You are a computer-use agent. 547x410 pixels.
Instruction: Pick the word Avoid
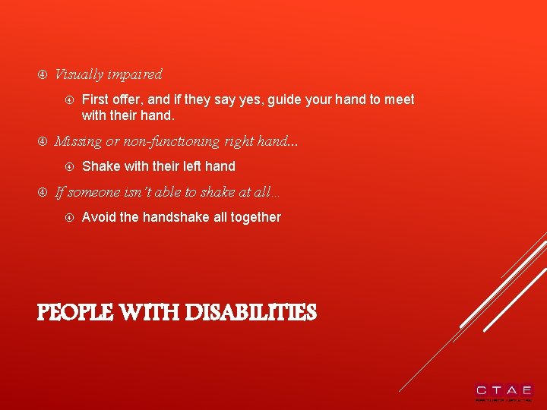click(x=99, y=217)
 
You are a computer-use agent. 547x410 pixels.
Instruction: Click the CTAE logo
click(x=504, y=391)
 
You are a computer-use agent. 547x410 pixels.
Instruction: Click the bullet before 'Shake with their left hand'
click(x=68, y=166)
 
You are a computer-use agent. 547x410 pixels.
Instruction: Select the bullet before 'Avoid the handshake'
click(x=68, y=218)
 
